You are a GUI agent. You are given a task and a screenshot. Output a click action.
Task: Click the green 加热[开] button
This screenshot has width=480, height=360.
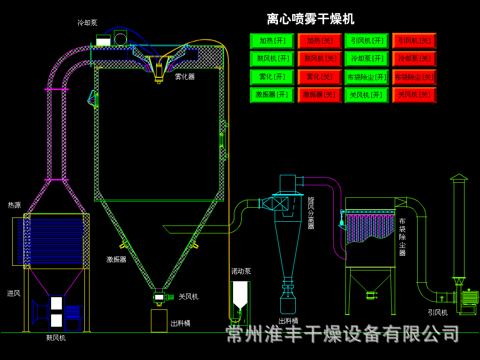tap(272, 41)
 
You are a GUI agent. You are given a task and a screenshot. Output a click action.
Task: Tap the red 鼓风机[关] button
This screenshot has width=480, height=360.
tap(319, 59)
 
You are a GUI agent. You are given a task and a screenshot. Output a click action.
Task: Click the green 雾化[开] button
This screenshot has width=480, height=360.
tap(272, 77)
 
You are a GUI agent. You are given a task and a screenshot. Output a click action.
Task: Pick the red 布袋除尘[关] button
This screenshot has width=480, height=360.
tap(414, 77)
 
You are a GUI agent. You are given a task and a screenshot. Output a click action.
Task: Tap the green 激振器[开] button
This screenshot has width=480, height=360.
tap(272, 95)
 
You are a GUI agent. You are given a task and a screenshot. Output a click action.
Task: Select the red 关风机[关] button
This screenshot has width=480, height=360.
tap(414, 95)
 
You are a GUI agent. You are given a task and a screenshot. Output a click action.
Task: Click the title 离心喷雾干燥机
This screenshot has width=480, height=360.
tap(310, 19)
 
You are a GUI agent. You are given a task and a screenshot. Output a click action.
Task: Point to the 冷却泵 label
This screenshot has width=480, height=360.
tap(87, 23)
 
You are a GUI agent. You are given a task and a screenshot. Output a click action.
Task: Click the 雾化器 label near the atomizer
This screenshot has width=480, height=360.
tap(185, 76)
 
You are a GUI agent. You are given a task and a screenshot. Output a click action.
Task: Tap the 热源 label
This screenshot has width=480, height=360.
tap(14, 205)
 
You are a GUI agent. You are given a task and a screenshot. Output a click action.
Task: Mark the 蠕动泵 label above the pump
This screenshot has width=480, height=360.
tap(241, 271)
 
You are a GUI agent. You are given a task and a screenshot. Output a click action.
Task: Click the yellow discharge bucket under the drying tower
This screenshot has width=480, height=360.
tap(159, 321)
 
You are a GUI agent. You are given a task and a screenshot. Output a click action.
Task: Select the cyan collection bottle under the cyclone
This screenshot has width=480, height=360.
tap(288, 304)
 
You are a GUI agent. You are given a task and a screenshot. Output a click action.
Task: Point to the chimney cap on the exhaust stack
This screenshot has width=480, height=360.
tap(459, 177)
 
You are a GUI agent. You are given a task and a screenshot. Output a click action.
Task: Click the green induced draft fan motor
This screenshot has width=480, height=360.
tap(470, 298)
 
